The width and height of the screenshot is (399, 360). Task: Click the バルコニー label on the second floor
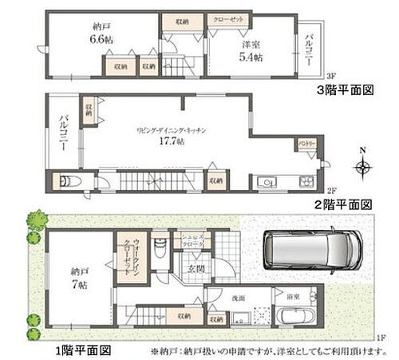point(62,133)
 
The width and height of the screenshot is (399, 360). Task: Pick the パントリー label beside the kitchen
point(308,144)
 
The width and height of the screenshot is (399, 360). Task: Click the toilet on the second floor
point(67,181)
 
